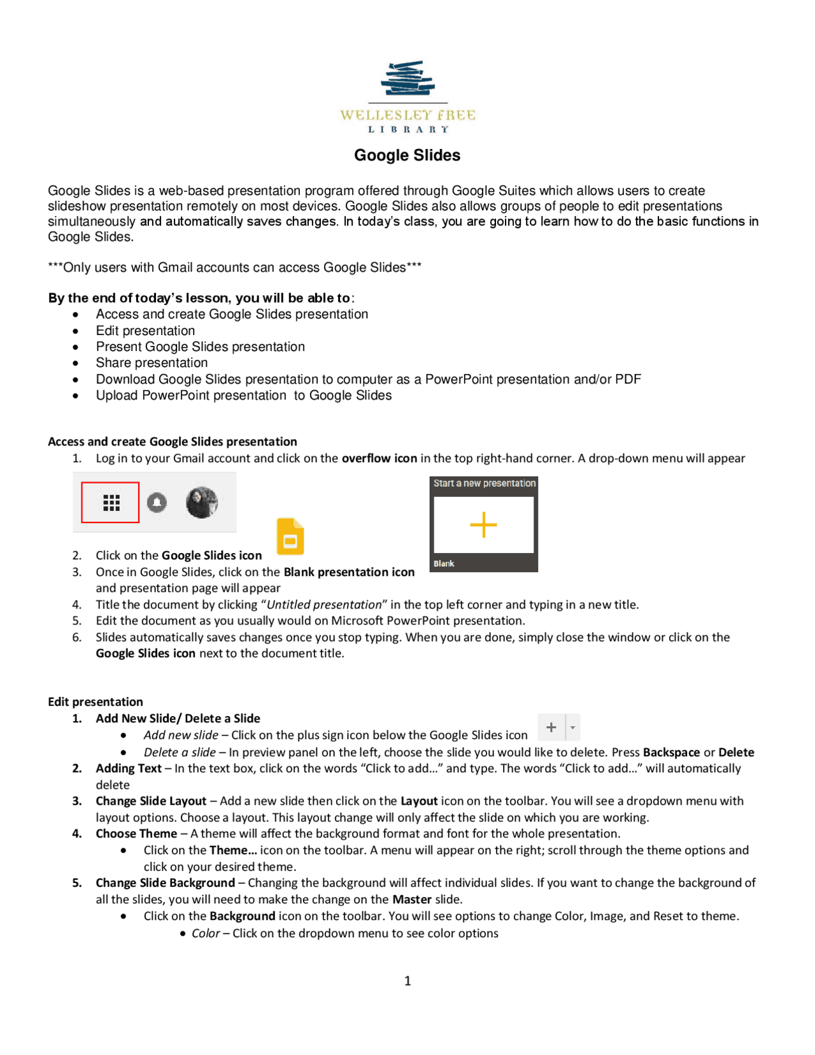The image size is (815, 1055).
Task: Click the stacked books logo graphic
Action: point(407,78)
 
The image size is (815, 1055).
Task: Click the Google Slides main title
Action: point(407,155)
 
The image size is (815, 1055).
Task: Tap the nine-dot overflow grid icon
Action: point(111,503)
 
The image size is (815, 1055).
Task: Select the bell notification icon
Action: point(157,503)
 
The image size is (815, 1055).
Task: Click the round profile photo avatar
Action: point(202,502)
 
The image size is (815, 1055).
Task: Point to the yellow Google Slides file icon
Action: point(290,536)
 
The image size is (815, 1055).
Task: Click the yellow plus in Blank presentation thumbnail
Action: point(483,525)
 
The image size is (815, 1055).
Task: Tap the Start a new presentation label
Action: point(484,484)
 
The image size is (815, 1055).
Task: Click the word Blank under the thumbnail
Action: point(444,564)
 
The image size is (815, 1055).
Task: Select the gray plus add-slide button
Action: point(551,727)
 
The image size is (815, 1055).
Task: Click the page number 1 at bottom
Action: point(407,980)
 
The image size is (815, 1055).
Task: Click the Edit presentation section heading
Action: point(96,701)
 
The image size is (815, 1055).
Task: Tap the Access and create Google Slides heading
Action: point(173,441)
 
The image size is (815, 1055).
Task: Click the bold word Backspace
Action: point(671,752)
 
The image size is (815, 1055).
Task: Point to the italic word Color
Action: point(206,933)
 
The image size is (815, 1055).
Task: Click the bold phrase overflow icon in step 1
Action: point(379,458)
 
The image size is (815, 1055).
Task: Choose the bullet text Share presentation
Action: point(152,363)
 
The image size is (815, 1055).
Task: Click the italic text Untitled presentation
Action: point(324,605)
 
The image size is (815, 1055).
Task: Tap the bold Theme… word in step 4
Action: point(233,850)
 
